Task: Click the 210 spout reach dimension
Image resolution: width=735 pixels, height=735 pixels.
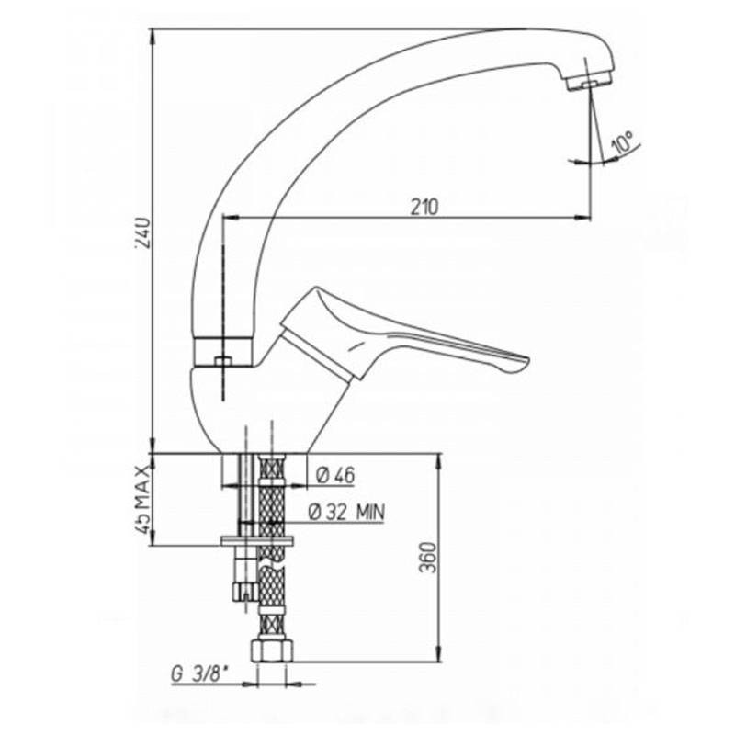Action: coord(424,207)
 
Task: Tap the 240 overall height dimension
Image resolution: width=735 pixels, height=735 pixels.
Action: coord(144,233)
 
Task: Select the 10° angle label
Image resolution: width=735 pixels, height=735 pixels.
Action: coord(623,142)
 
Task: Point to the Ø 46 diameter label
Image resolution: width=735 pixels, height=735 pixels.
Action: coord(335,476)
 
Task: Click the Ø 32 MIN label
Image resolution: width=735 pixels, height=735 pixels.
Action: coord(346,512)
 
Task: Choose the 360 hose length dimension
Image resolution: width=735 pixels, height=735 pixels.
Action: coord(427,558)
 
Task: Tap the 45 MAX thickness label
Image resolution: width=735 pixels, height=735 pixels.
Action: coord(143,499)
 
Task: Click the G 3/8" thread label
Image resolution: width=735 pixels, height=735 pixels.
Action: coord(199,674)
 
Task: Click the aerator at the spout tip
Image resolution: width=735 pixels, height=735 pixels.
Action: coord(589,83)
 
